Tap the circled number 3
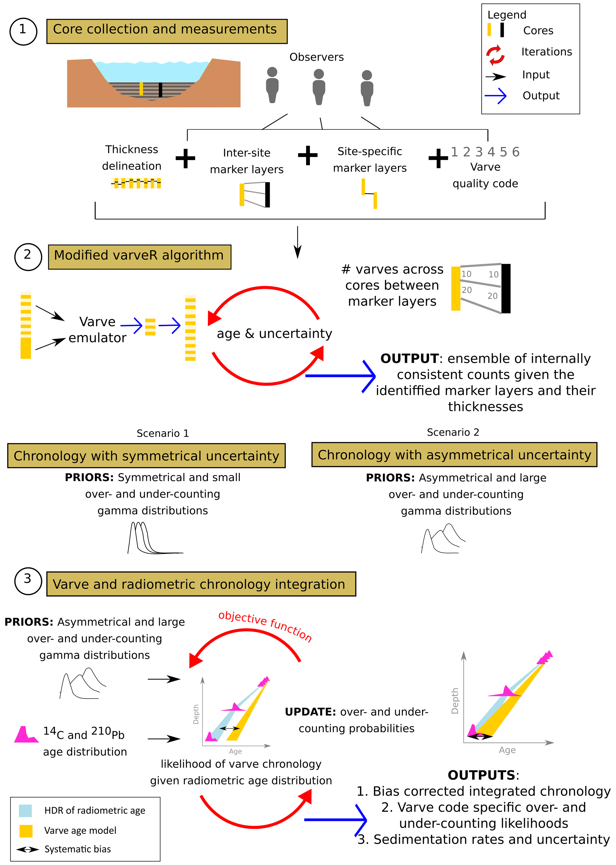28,581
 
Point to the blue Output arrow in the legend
496,96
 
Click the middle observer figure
319,86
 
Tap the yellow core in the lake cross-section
141,89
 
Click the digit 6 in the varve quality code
516,152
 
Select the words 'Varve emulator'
97,330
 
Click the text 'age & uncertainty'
274,334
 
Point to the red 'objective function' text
265,626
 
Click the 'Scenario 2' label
453,432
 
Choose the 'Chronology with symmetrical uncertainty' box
146,456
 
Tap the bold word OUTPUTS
482,775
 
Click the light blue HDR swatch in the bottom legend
25,811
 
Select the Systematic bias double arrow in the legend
27,850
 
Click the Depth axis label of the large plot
455,701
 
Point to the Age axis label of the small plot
235,751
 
